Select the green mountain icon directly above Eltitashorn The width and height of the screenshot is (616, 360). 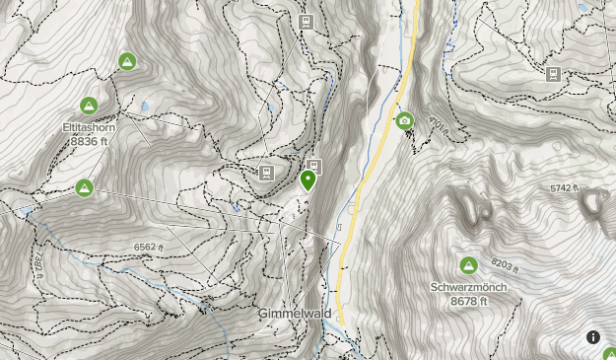point(88,106)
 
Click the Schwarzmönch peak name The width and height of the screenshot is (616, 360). point(467,288)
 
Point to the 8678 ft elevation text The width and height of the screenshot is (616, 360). point(467,301)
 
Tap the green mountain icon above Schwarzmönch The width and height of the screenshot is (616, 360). point(467,265)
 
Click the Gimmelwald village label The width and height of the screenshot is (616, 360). point(295,313)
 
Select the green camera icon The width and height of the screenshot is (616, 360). point(404,121)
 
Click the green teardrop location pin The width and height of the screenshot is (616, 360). point(308,180)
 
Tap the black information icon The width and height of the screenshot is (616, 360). point(593,337)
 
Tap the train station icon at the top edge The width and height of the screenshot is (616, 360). point(307,21)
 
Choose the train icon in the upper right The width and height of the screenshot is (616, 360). point(554,74)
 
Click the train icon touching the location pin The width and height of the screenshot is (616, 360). point(313,166)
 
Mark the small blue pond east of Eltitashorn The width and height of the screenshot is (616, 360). point(146,104)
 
